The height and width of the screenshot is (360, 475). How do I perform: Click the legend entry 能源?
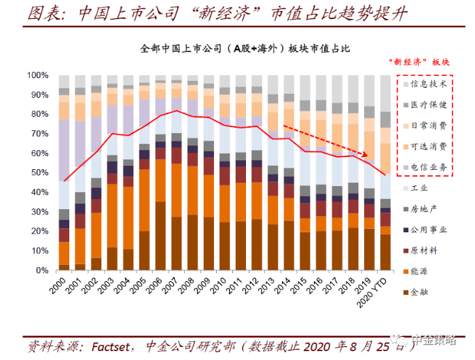422,272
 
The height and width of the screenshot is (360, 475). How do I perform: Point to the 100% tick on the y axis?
37,75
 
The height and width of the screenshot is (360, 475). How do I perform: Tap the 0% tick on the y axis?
41,270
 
